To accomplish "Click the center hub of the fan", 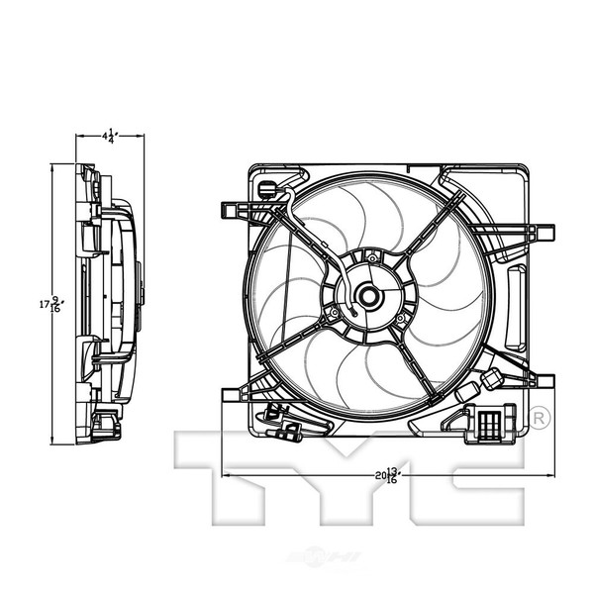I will [x=368, y=295].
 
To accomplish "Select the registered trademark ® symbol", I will [x=540, y=417].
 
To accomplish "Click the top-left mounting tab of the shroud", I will [x=234, y=210].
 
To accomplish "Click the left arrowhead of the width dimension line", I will [x=228, y=476].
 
